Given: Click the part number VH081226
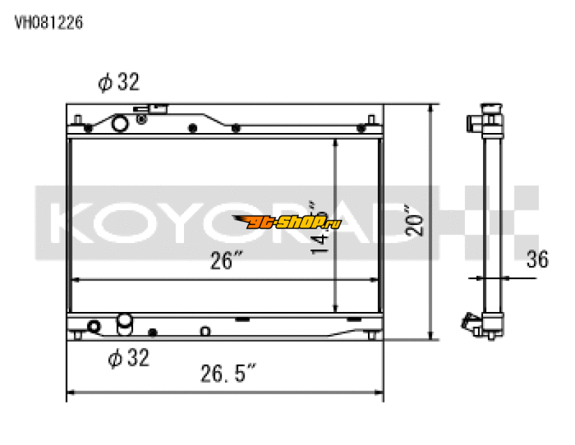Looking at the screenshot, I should click(x=49, y=22).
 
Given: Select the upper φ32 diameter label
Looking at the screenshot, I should click(x=119, y=83).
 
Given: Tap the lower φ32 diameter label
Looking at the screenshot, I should click(x=129, y=357).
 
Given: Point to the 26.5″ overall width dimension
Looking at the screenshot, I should click(x=227, y=375).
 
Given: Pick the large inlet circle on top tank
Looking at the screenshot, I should click(x=119, y=124).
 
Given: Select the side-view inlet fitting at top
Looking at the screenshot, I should click(x=477, y=121).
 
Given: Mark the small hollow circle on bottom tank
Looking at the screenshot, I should click(x=205, y=331).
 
